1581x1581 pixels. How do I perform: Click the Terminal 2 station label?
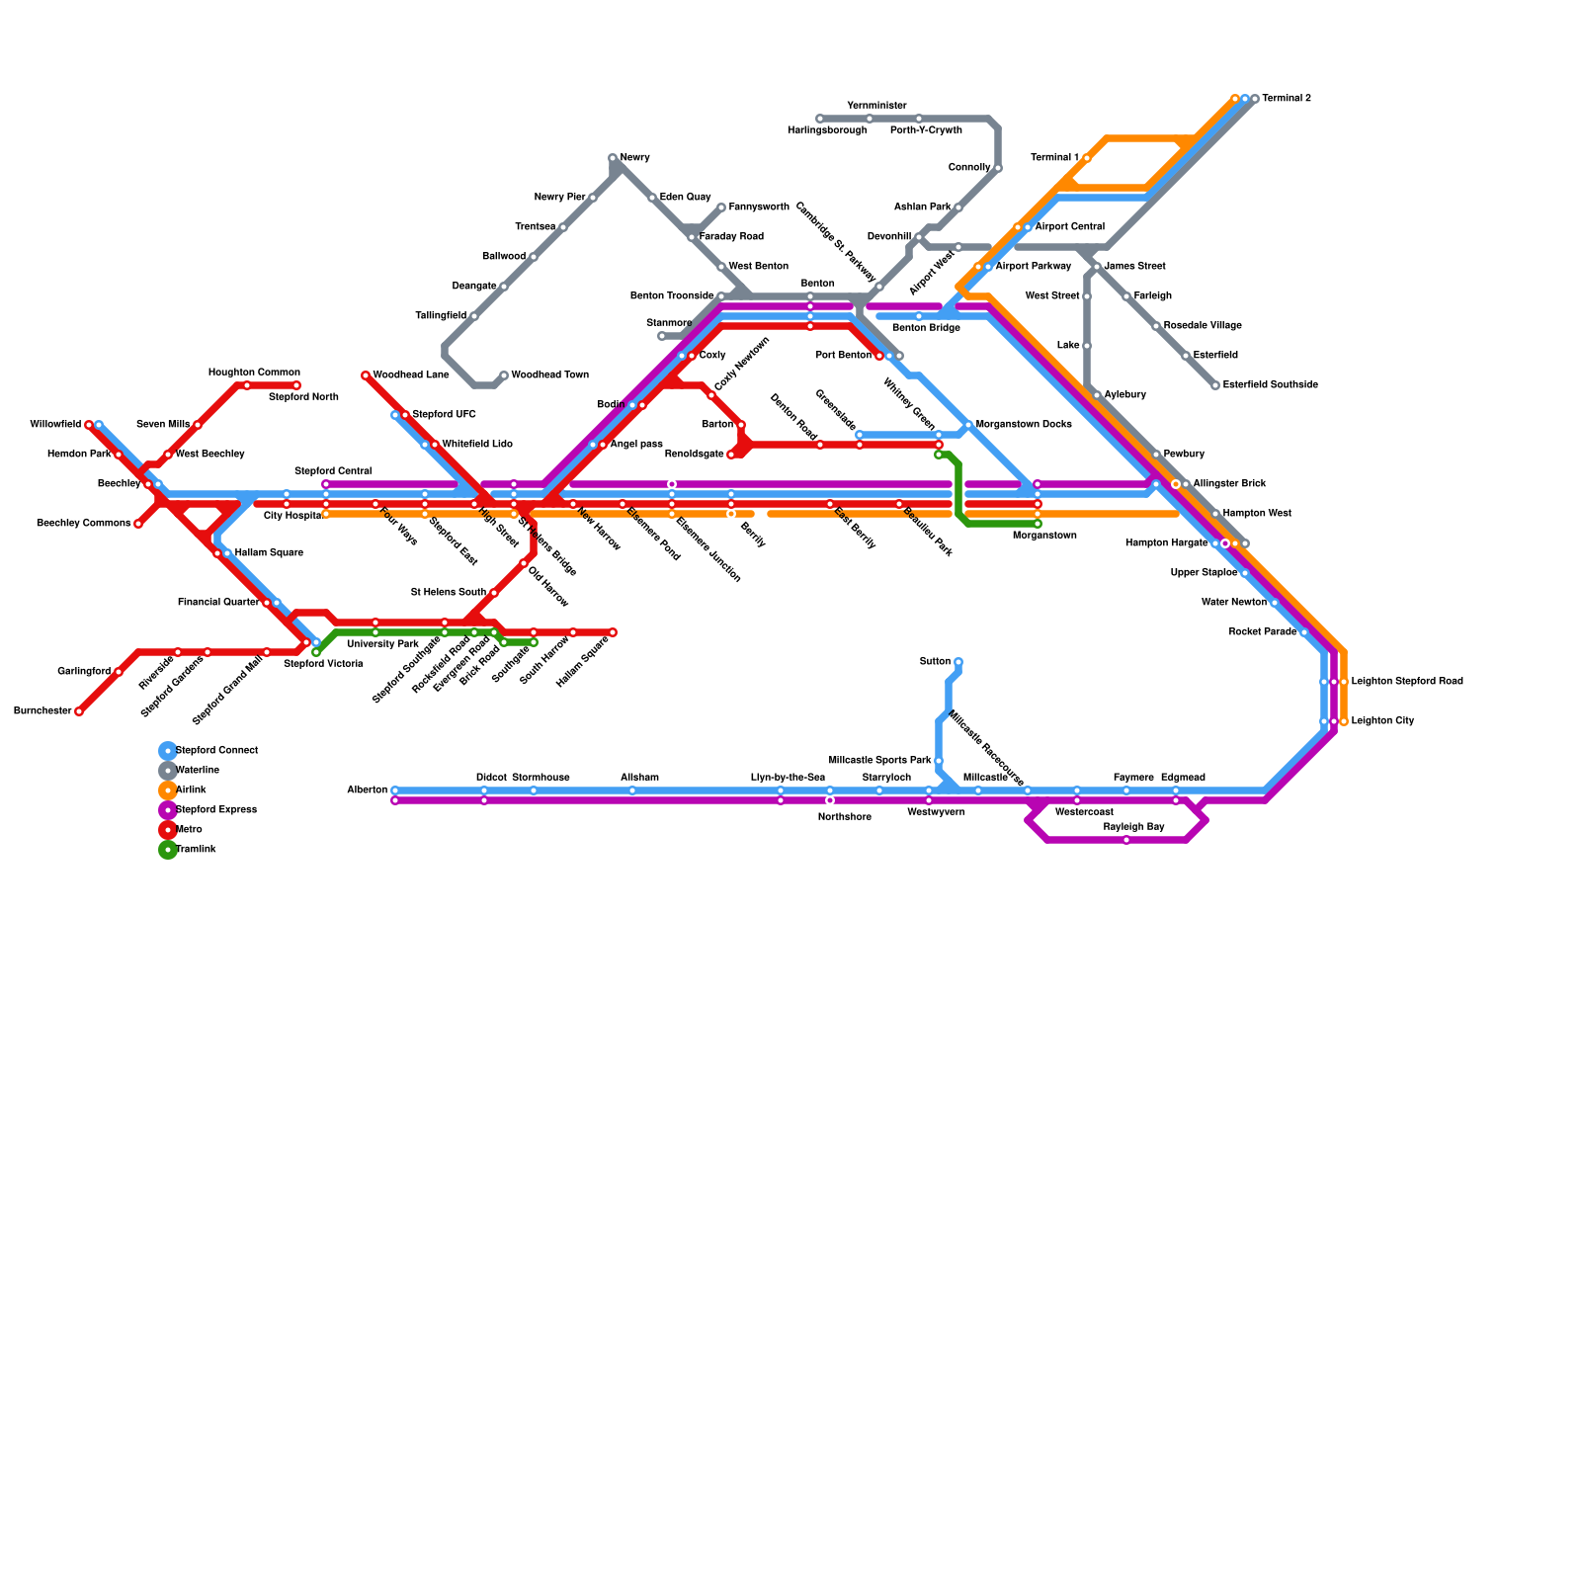click(x=1286, y=99)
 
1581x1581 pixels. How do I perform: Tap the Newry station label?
click(x=634, y=158)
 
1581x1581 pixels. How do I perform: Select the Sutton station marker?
click(x=958, y=662)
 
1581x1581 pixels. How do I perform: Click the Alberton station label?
click(x=367, y=790)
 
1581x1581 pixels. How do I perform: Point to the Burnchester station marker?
click(x=79, y=711)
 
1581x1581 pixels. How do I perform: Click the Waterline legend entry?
click(x=197, y=771)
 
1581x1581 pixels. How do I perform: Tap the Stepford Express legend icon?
click(x=168, y=810)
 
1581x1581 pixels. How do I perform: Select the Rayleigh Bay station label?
click(x=1133, y=827)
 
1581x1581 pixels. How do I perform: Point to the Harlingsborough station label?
click(x=827, y=130)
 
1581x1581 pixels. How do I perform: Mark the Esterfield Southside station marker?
click(x=1215, y=385)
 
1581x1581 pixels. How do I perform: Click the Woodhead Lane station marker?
click(x=366, y=375)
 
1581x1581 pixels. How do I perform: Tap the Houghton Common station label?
click(x=254, y=373)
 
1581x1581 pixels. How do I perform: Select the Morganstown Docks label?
click(x=1023, y=425)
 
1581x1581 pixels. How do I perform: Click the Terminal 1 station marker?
click(x=1087, y=158)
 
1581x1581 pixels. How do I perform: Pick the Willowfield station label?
click(x=55, y=425)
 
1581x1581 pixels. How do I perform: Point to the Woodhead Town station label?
click(x=549, y=375)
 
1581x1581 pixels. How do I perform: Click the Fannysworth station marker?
click(x=721, y=208)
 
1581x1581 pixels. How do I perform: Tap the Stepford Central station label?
click(x=333, y=471)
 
